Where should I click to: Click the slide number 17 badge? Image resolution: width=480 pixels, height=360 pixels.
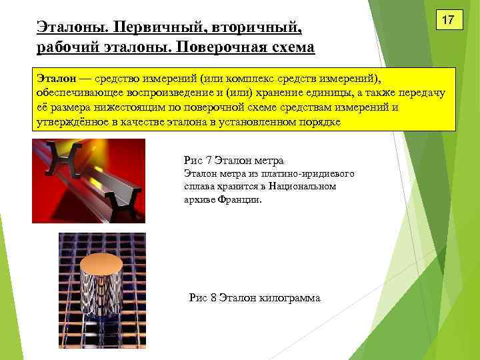click(449, 21)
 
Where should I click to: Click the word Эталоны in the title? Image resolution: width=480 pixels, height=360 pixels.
click(71, 29)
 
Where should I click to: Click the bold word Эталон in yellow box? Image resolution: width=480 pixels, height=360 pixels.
click(54, 79)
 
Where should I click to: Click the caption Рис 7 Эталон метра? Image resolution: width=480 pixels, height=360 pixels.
click(233, 160)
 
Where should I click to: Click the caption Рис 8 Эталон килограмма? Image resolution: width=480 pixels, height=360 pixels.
click(255, 298)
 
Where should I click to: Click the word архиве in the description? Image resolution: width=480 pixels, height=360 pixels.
click(198, 199)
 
